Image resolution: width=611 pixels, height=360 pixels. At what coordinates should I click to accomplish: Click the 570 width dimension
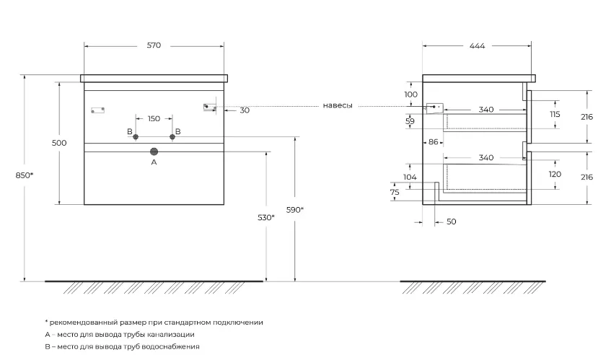coord(154,45)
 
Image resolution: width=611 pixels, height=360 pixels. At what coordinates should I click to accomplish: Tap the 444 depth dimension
coord(477,46)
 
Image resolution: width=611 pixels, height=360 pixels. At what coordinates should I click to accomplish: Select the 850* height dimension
coord(24,175)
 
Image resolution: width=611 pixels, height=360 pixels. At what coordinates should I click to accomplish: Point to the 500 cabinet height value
coord(59,143)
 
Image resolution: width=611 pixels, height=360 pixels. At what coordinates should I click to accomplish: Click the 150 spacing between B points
coord(154,118)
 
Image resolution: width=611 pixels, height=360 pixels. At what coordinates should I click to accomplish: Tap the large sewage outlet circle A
coord(154,152)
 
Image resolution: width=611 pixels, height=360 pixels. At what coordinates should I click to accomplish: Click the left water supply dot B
coord(136,137)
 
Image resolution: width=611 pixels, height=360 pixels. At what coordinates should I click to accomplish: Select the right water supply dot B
coord(172,137)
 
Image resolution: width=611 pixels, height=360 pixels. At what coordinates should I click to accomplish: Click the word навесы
coord(338,105)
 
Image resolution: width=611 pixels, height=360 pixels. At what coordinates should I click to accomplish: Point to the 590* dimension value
coord(295,210)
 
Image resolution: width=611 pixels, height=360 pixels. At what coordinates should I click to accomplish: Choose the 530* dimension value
coord(266,217)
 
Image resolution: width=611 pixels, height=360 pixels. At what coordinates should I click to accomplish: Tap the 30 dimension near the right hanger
coord(245,110)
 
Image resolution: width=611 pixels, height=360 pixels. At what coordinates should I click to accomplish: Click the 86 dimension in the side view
coord(434,142)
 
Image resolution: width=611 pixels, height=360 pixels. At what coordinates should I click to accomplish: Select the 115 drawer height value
coord(555,114)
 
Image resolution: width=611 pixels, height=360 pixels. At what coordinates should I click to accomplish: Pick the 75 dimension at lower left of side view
coord(395,192)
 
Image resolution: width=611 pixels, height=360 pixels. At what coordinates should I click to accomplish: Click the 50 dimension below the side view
coord(452,221)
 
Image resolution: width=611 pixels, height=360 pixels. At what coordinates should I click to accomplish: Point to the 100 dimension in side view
coord(410,95)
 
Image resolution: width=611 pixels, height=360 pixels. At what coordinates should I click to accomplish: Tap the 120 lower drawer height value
coord(555,174)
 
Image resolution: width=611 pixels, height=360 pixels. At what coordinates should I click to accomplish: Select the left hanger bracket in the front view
coord(98,110)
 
